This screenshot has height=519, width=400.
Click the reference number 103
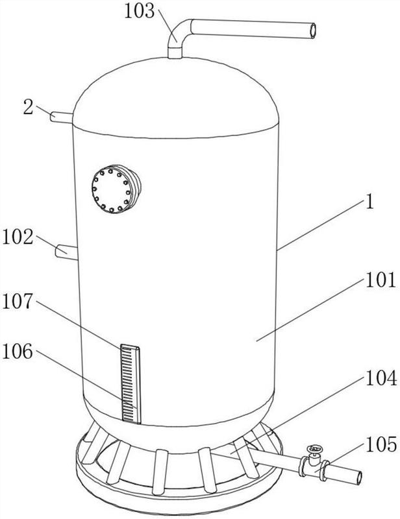click(139, 11)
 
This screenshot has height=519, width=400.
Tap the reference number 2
click(28, 108)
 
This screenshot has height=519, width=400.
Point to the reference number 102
click(18, 237)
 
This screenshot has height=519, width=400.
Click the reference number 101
click(381, 280)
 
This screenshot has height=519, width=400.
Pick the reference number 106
click(18, 352)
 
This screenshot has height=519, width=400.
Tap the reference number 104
click(381, 378)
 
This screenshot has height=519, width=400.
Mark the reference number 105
click(381, 444)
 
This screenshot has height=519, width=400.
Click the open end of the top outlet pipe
click(312, 30)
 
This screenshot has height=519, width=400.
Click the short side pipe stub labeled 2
click(61, 117)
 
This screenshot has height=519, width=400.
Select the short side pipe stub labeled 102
click(66, 252)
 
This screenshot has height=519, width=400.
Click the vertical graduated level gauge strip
click(131, 383)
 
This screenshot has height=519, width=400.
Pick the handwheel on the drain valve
click(314, 449)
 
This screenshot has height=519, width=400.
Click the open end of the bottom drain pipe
click(358, 477)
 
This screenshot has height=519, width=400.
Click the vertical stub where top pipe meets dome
click(175, 53)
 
